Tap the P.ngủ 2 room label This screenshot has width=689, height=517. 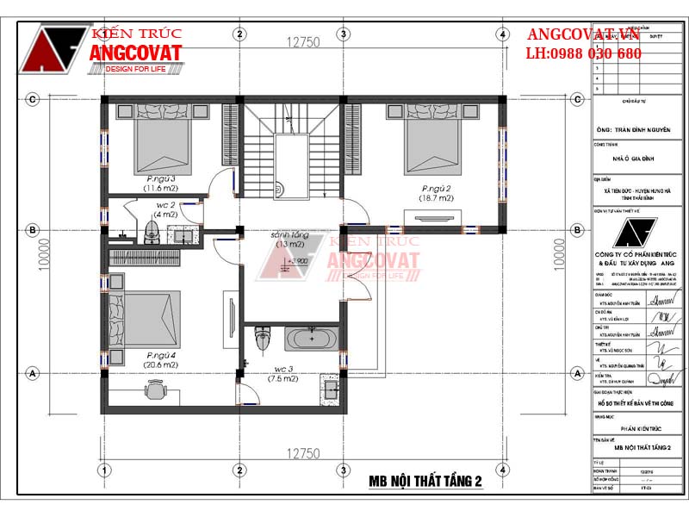tap(438, 188)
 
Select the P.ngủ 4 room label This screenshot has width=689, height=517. tap(161, 355)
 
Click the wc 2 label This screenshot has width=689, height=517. tap(166, 206)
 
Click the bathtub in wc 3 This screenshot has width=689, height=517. tap(313, 338)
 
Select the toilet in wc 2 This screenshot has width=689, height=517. tap(152, 229)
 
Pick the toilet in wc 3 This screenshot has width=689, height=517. tap(264, 339)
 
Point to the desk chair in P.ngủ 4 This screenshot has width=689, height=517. tap(156, 390)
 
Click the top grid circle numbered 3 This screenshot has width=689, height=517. tap(343, 34)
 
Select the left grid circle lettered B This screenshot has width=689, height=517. tap(32, 230)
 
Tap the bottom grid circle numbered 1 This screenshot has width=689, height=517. tap(103, 470)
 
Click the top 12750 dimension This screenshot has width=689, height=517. tap(303, 41)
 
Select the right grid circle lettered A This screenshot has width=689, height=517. tap(576, 373)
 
